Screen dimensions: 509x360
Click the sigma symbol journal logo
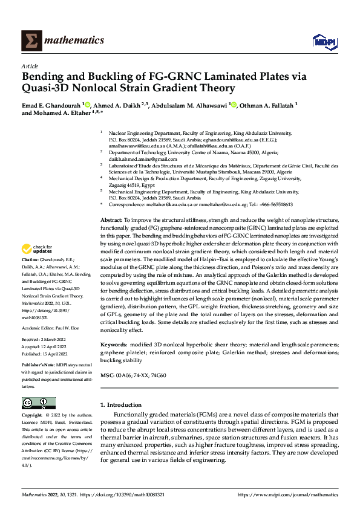[30, 41]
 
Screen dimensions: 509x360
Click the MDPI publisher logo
[321, 41]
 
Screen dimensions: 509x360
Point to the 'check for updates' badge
[38, 248]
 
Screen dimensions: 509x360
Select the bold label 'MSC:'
[107, 375]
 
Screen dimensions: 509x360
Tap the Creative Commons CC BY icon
[38, 403]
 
